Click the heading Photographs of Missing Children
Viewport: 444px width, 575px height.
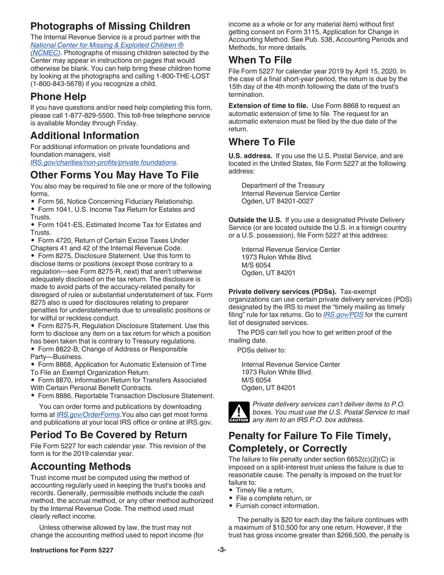point(110,26)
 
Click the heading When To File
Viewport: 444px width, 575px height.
point(260,60)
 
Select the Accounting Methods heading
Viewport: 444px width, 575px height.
point(81,466)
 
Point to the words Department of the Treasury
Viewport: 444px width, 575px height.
point(283,186)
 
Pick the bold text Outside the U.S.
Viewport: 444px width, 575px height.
point(255,220)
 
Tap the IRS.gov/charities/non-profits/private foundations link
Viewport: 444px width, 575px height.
point(103,163)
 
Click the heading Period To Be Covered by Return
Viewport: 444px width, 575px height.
point(109,434)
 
